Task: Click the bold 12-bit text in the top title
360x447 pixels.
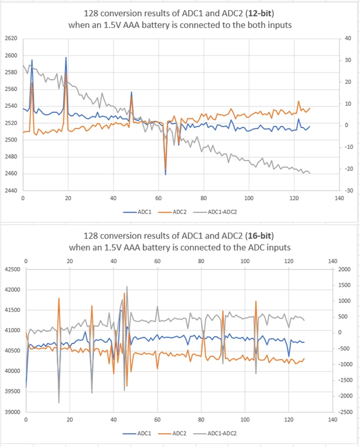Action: (x=261, y=14)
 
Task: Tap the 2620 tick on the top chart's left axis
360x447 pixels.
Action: (x=11, y=38)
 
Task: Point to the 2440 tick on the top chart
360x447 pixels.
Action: (x=11, y=190)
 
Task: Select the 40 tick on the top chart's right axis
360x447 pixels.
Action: (x=348, y=38)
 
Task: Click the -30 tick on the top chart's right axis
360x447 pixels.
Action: (x=349, y=190)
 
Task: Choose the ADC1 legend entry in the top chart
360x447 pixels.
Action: (x=137, y=212)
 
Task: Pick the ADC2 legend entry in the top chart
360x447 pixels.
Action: (x=172, y=212)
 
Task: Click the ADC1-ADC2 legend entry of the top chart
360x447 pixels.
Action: (x=215, y=212)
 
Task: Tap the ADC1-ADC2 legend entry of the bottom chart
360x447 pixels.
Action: (x=215, y=433)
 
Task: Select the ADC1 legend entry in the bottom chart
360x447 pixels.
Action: (x=137, y=433)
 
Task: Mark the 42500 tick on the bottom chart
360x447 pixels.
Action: (x=12, y=270)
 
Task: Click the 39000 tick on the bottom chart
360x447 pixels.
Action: (x=12, y=412)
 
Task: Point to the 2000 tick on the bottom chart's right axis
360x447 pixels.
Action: (x=345, y=270)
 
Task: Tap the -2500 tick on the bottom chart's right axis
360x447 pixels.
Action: (x=345, y=412)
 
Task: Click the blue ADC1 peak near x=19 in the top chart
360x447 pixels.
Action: (x=66, y=57)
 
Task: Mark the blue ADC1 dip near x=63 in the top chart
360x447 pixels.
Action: (x=165, y=174)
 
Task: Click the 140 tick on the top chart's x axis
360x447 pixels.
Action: (x=339, y=198)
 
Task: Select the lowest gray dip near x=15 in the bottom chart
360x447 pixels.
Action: (x=59, y=402)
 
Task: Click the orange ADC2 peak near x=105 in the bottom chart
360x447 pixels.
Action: (x=256, y=301)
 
